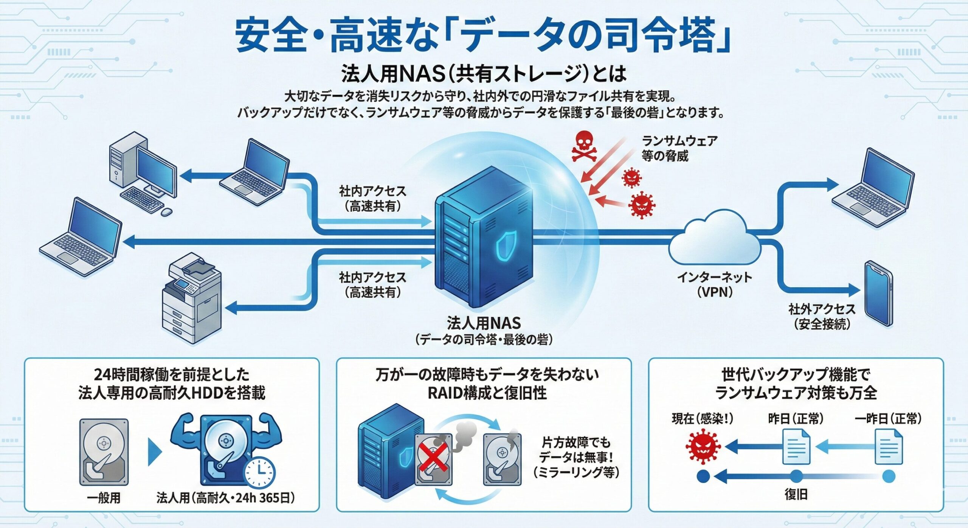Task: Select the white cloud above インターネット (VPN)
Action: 714,242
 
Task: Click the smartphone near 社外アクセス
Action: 879,293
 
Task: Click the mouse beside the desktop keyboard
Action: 166,212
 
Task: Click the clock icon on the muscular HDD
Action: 259,472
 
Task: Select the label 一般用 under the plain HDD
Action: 104,498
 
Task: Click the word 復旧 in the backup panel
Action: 796,494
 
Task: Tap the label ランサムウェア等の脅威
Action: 679,148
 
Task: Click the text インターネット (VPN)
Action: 714,284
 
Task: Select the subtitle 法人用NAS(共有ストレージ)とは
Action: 484,73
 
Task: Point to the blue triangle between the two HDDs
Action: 154,452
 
